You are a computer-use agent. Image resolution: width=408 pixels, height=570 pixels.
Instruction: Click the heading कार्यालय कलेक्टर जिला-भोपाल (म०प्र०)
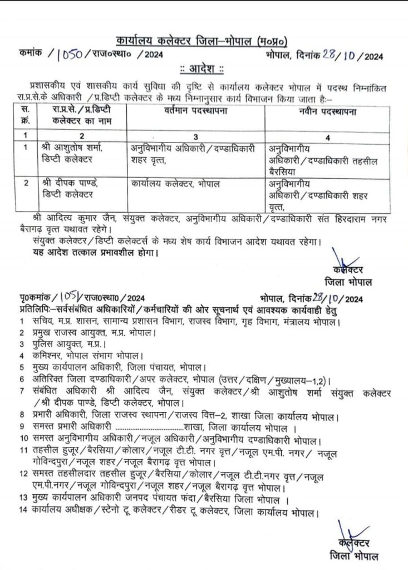[203, 41]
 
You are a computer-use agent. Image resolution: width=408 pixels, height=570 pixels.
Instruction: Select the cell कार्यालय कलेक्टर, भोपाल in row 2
[176, 183]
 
